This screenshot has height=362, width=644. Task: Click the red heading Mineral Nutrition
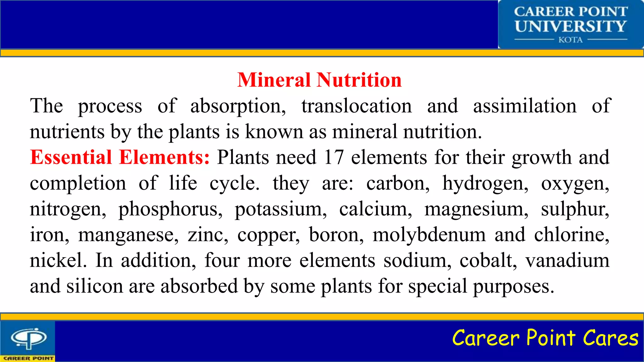pyautogui.click(x=319, y=80)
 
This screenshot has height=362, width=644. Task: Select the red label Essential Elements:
pyautogui.click(x=120, y=157)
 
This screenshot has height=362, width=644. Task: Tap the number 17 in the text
pyautogui.click(x=334, y=157)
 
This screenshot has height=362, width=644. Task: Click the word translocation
pyautogui.click(x=357, y=106)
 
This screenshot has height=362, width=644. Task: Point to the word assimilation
pyautogui.click(x=525, y=106)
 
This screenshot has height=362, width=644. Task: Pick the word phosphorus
pyautogui.click(x=170, y=209)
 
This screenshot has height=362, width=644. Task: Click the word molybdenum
pyautogui.click(x=429, y=235)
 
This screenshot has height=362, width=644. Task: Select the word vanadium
pyautogui.click(x=567, y=261)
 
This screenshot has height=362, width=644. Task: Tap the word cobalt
pyautogui.click(x=487, y=261)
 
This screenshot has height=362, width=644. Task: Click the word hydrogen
pyautogui.click(x=485, y=184)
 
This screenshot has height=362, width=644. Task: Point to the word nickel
pyautogui.click(x=58, y=261)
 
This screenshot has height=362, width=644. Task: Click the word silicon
pyautogui.click(x=95, y=286)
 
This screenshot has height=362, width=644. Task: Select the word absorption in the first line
pyautogui.click(x=238, y=106)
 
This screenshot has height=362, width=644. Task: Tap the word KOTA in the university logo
pyautogui.click(x=570, y=40)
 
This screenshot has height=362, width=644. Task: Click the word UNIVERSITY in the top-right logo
pyautogui.click(x=570, y=26)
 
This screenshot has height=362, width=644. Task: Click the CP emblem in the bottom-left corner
pyautogui.click(x=29, y=338)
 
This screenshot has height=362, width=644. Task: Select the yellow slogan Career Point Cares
pyautogui.click(x=545, y=338)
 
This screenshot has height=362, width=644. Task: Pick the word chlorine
pyautogui.click(x=571, y=235)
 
